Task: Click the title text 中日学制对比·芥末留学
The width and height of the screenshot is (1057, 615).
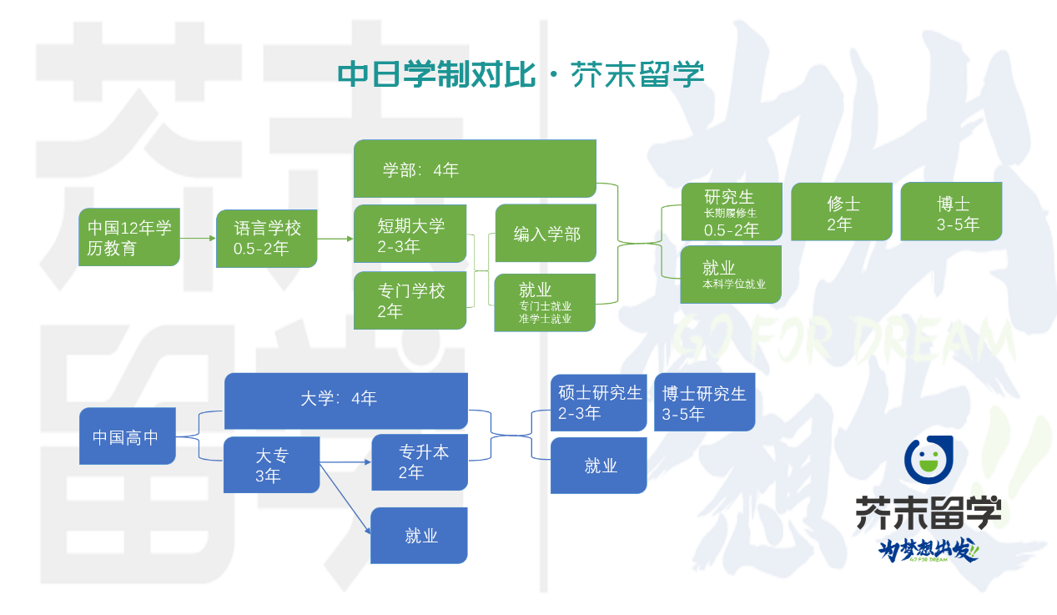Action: coord(521,74)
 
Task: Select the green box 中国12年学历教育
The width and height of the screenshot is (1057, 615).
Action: coord(129,238)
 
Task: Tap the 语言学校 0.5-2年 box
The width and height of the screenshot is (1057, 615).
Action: coord(266,239)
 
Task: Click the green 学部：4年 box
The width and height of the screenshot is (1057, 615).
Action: coord(475,169)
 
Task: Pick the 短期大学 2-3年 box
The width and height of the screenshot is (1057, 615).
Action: coord(410,234)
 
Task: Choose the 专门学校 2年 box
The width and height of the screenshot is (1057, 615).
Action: coord(410,300)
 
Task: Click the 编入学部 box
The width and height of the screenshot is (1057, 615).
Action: coord(545,234)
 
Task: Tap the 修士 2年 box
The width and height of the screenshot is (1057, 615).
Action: coord(841,212)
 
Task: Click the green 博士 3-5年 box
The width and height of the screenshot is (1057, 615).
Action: coord(951,212)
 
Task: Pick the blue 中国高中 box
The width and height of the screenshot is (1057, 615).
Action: coord(127,436)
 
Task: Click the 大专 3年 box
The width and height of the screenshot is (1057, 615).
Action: coord(271,465)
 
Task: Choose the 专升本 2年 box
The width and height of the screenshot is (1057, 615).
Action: coord(419,461)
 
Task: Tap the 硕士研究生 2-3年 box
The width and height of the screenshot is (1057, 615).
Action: coord(598,402)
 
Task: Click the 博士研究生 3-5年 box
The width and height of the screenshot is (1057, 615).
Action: coord(704,402)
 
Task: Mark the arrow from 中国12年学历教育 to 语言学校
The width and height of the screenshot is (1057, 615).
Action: coord(198,239)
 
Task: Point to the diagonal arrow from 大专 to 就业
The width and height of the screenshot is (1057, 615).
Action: coord(345,499)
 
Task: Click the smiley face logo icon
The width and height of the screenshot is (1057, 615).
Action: coord(928,460)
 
